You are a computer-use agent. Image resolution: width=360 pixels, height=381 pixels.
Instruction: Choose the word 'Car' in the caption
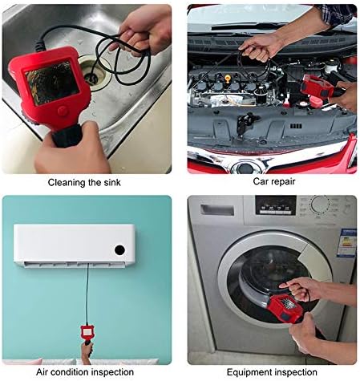pyautogui.click(x=254, y=182)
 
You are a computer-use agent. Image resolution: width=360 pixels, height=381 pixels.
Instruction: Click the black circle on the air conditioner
pyautogui.click(x=119, y=249)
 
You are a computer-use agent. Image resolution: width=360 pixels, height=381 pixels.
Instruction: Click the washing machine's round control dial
pyautogui.click(x=320, y=205)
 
